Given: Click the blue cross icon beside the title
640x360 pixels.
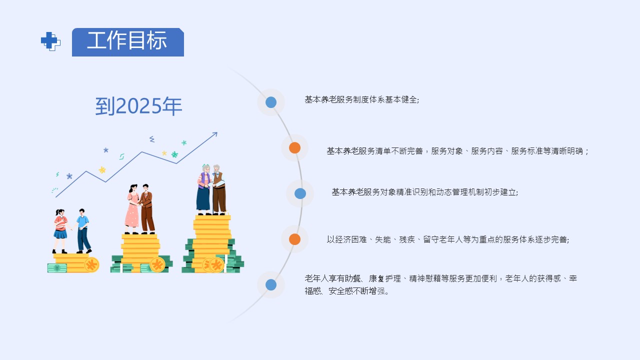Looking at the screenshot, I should coord(50,41).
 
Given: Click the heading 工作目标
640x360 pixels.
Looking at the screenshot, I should coord(127,41).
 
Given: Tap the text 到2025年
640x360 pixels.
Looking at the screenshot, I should coord(138,106).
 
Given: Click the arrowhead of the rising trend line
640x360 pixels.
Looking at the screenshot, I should coord(215,133).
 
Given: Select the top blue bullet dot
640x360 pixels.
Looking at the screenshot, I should coord(271,102).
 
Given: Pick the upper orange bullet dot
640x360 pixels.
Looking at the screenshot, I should coord(294,148).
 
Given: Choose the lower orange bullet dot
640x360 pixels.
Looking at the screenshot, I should coord(294,239).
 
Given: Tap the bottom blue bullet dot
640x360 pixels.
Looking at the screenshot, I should coord(271,285).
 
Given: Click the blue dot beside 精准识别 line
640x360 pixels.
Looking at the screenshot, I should coord(300,193).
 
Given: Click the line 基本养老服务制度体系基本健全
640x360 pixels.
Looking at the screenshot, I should coord(361,99).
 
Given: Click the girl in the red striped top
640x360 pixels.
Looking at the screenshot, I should coord(60,230).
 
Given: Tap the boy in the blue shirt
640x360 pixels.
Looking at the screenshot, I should coord(83,230).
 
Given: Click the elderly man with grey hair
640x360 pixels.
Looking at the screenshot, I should coord(218,190).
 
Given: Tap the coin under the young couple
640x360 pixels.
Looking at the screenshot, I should coord(157,264).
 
